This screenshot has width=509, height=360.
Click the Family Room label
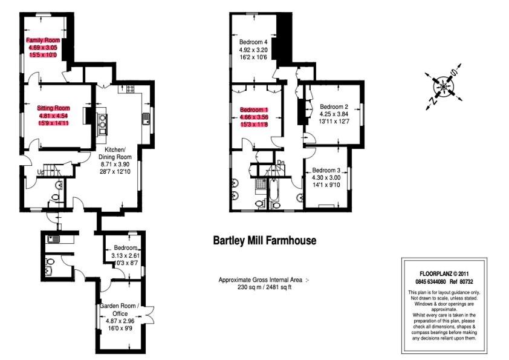tap(43, 40)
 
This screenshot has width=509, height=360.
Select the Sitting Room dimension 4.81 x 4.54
tap(53, 116)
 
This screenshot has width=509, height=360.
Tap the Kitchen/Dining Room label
tap(115, 153)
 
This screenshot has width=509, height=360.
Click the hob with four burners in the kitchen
tap(131, 89)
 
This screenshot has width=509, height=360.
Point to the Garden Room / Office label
tap(120, 310)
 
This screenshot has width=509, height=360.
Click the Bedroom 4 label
tap(253, 42)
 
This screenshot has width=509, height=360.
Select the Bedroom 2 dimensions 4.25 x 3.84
tap(334, 114)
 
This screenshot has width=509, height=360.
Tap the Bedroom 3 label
tap(326, 170)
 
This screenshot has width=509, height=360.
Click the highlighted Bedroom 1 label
tap(254, 110)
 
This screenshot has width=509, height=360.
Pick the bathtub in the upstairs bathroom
tap(273, 189)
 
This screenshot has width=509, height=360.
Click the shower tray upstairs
tap(261, 184)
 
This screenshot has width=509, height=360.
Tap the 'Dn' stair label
tap(280, 163)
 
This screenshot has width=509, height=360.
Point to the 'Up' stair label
tap(41, 172)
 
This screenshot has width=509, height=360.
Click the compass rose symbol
tap(444, 87)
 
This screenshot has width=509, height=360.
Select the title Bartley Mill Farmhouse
tap(265, 240)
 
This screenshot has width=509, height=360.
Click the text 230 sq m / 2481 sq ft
tap(265, 287)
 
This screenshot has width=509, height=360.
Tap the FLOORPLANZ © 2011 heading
tap(444, 274)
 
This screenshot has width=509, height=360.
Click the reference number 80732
tap(466, 282)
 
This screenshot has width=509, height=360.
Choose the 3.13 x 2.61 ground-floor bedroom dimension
tap(125, 255)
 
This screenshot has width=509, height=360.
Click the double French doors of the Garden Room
tap(149, 314)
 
